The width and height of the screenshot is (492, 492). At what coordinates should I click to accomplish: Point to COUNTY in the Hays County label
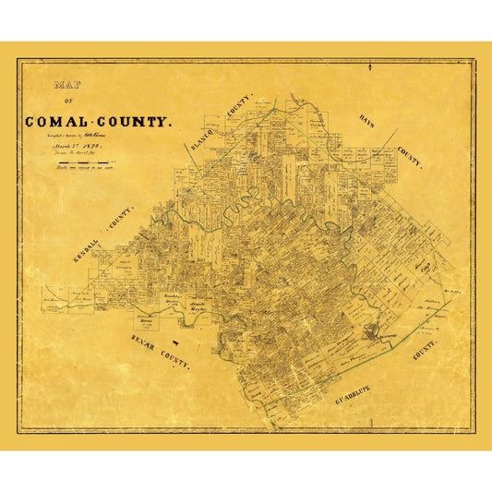click(x=410, y=157)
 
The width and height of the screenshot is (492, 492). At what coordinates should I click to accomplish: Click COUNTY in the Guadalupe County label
click(x=424, y=350)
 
